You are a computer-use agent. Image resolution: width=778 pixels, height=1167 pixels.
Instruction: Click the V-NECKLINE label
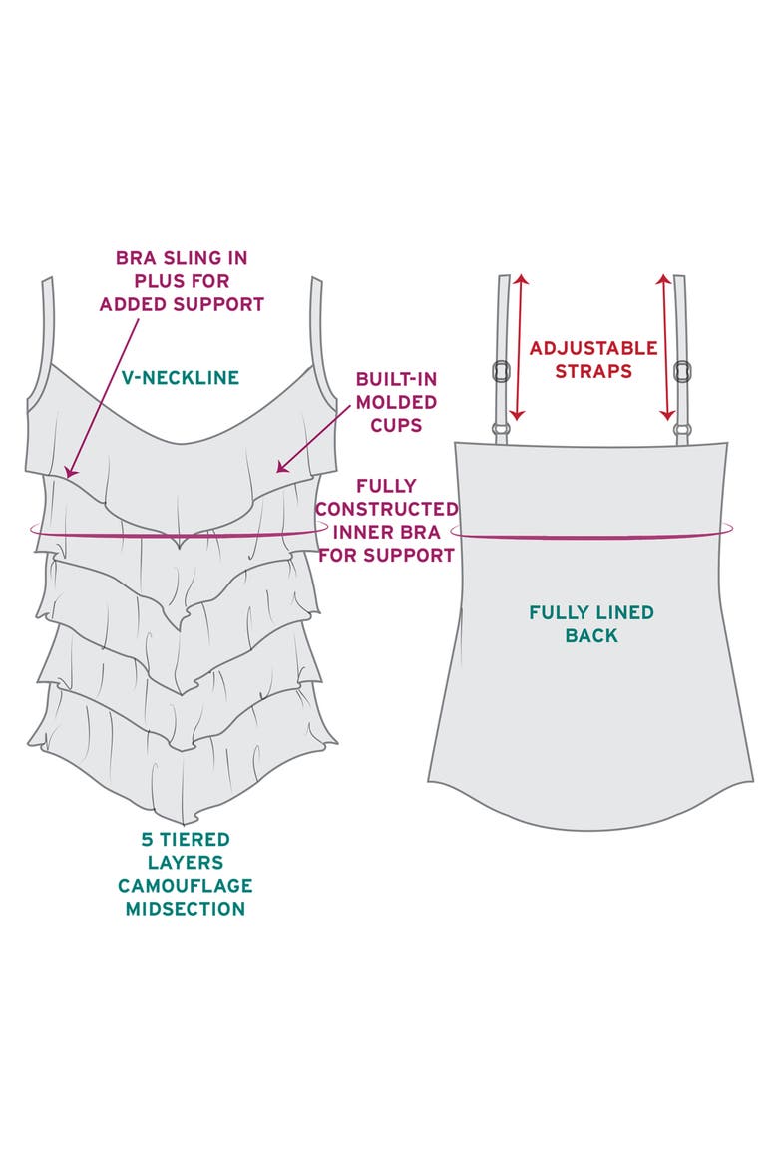[181, 377]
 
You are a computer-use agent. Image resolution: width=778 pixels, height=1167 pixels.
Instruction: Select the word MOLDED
[396, 402]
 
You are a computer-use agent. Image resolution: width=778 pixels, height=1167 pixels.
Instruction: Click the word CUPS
[396, 425]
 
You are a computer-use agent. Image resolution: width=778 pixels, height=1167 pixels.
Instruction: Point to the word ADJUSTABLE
[593, 347]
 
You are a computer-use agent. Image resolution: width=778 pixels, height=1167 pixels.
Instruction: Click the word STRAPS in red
[593, 371]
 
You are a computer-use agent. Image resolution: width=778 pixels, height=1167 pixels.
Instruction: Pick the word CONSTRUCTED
[386, 509]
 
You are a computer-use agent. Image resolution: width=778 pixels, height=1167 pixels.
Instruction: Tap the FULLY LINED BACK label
[591, 623]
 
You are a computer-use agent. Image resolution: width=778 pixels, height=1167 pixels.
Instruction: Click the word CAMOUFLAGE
[186, 885]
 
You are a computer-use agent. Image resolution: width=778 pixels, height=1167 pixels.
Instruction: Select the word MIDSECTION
[186, 908]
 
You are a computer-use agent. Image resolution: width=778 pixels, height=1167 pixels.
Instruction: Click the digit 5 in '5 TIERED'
[147, 839]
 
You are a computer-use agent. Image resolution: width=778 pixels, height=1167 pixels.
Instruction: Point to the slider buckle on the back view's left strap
[501, 371]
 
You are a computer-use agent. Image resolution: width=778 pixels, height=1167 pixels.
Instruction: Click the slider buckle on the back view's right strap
[681, 371]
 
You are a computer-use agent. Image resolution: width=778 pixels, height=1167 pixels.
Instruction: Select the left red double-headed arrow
[519, 347]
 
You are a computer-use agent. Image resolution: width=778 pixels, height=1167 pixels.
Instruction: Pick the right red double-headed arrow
[665, 347]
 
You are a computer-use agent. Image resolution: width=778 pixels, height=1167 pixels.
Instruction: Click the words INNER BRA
[386, 533]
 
